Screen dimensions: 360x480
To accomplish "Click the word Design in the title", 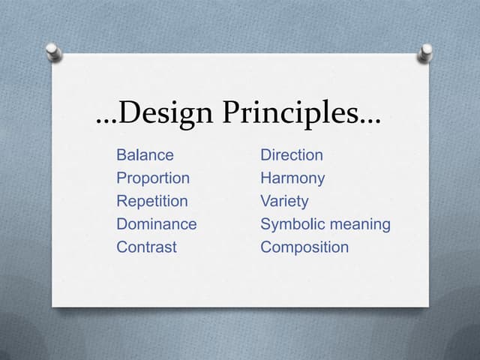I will click(x=165, y=114).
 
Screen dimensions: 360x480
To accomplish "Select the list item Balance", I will click(x=145, y=155).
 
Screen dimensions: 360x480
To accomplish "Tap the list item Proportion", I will click(x=153, y=178).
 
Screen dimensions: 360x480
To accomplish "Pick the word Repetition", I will click(x=152, y=201).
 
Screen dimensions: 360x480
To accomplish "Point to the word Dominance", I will click(x=157, y=224).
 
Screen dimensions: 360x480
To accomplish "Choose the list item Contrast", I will click(x=147, y=247).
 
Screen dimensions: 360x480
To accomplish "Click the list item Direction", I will click(x=292, y=155).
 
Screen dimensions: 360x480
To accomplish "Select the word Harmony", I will click(x=292, y=178).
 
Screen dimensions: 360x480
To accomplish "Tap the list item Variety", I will click(x=284, y=201).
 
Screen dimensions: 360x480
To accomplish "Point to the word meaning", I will click(x=361, y=225).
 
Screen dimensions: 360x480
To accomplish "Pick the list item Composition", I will click(x=304, y=247).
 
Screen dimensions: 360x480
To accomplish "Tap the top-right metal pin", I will click(x=426, y=52).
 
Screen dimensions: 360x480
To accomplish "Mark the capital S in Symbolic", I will click(x=265, y=224).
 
